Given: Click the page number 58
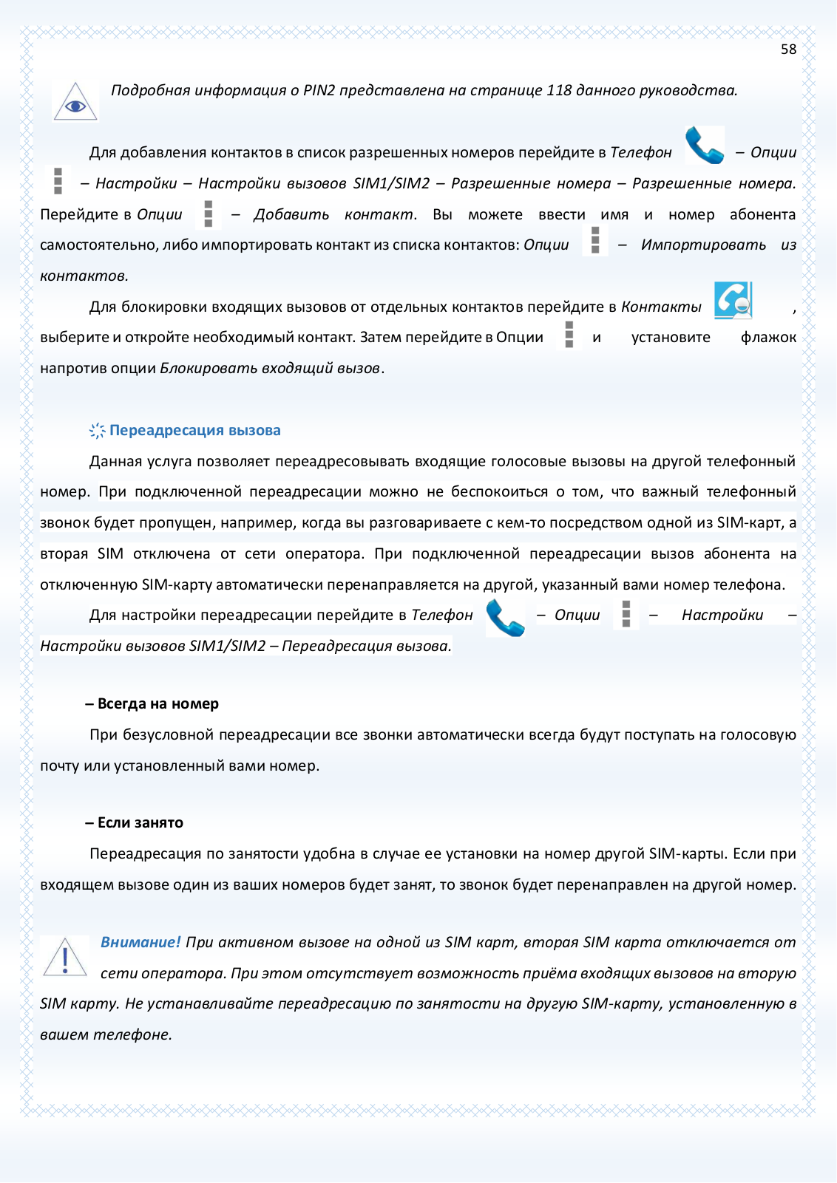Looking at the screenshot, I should pyautogui.click(x=788, y=50).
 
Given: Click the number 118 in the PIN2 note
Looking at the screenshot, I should pyautogui.click(x=559, y=90).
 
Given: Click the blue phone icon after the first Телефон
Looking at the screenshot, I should pyautogui.click(x=704, y=146).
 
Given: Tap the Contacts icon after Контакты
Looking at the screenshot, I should pyautogui.click(x=733, y=300).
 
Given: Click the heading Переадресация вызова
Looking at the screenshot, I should pyautogui.click(x=195, y=430).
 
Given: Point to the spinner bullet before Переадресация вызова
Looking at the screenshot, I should pyautogui.click(x=97, y=431).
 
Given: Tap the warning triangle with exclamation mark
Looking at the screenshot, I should pyautogui.click(x=65, y=958).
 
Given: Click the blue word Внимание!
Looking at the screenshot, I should pyautogui.click(x=140, y=942).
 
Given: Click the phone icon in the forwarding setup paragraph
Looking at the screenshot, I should pyautogui.click(x=505, y=618).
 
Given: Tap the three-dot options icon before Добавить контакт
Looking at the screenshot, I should pyautogui.click(x=209, y=214).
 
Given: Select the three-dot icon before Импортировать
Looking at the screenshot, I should pyautogui.click(x=595, y=241).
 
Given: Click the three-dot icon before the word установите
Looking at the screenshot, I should pyautogui.click(x=569, y=335).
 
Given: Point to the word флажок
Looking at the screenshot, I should pyautogui.click(x=768, y=338).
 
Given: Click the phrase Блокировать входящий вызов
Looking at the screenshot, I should pyautogui.click(x=270, y=368).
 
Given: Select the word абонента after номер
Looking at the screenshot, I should pyautogui.click(x=762, y=214).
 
